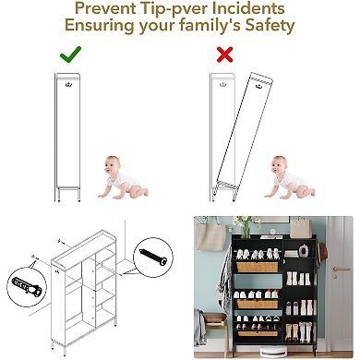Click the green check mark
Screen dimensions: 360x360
tap(70, 54)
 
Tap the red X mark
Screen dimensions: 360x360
tap(225, 54)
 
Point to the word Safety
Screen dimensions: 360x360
tap(270, 25)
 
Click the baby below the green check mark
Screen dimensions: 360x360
tap(122, 177)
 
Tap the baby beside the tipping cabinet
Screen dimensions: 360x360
tap(289, 177)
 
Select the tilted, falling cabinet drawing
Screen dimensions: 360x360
tap(244, 136)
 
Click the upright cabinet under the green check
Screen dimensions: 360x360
tap(68, 137)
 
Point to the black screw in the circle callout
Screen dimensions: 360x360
tap(153, 257)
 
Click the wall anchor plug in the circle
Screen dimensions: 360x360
tap(27, 286)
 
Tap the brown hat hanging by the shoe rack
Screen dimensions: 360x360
tap(321, 252)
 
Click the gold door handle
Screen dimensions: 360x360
tap(340, 270)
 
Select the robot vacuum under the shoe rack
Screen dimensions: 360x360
tap(273, 350)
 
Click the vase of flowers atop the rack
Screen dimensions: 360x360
tap(245, 227)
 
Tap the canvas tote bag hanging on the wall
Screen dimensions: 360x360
tap(210, 235)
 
